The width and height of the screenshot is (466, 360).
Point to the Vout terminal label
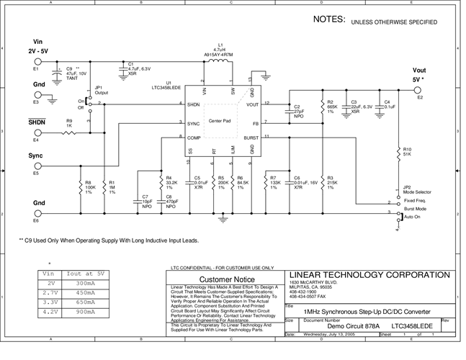point(419,70)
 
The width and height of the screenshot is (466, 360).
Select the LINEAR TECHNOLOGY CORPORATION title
point(371,274)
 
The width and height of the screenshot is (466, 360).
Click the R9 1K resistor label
point(69,123)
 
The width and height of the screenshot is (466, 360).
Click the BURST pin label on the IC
point(251,136)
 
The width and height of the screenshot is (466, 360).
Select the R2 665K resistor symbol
point(322,107)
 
